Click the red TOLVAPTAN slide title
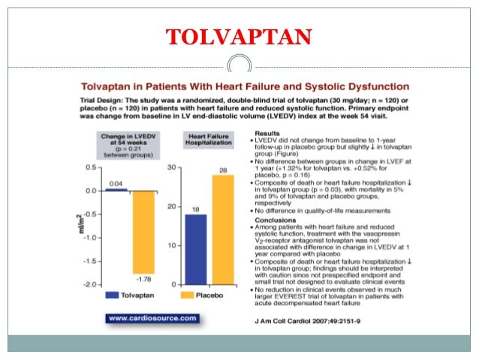(239, 35)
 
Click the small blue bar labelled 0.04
(116, 189)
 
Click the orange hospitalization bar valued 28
(222, 229)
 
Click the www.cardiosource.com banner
(153, 318)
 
